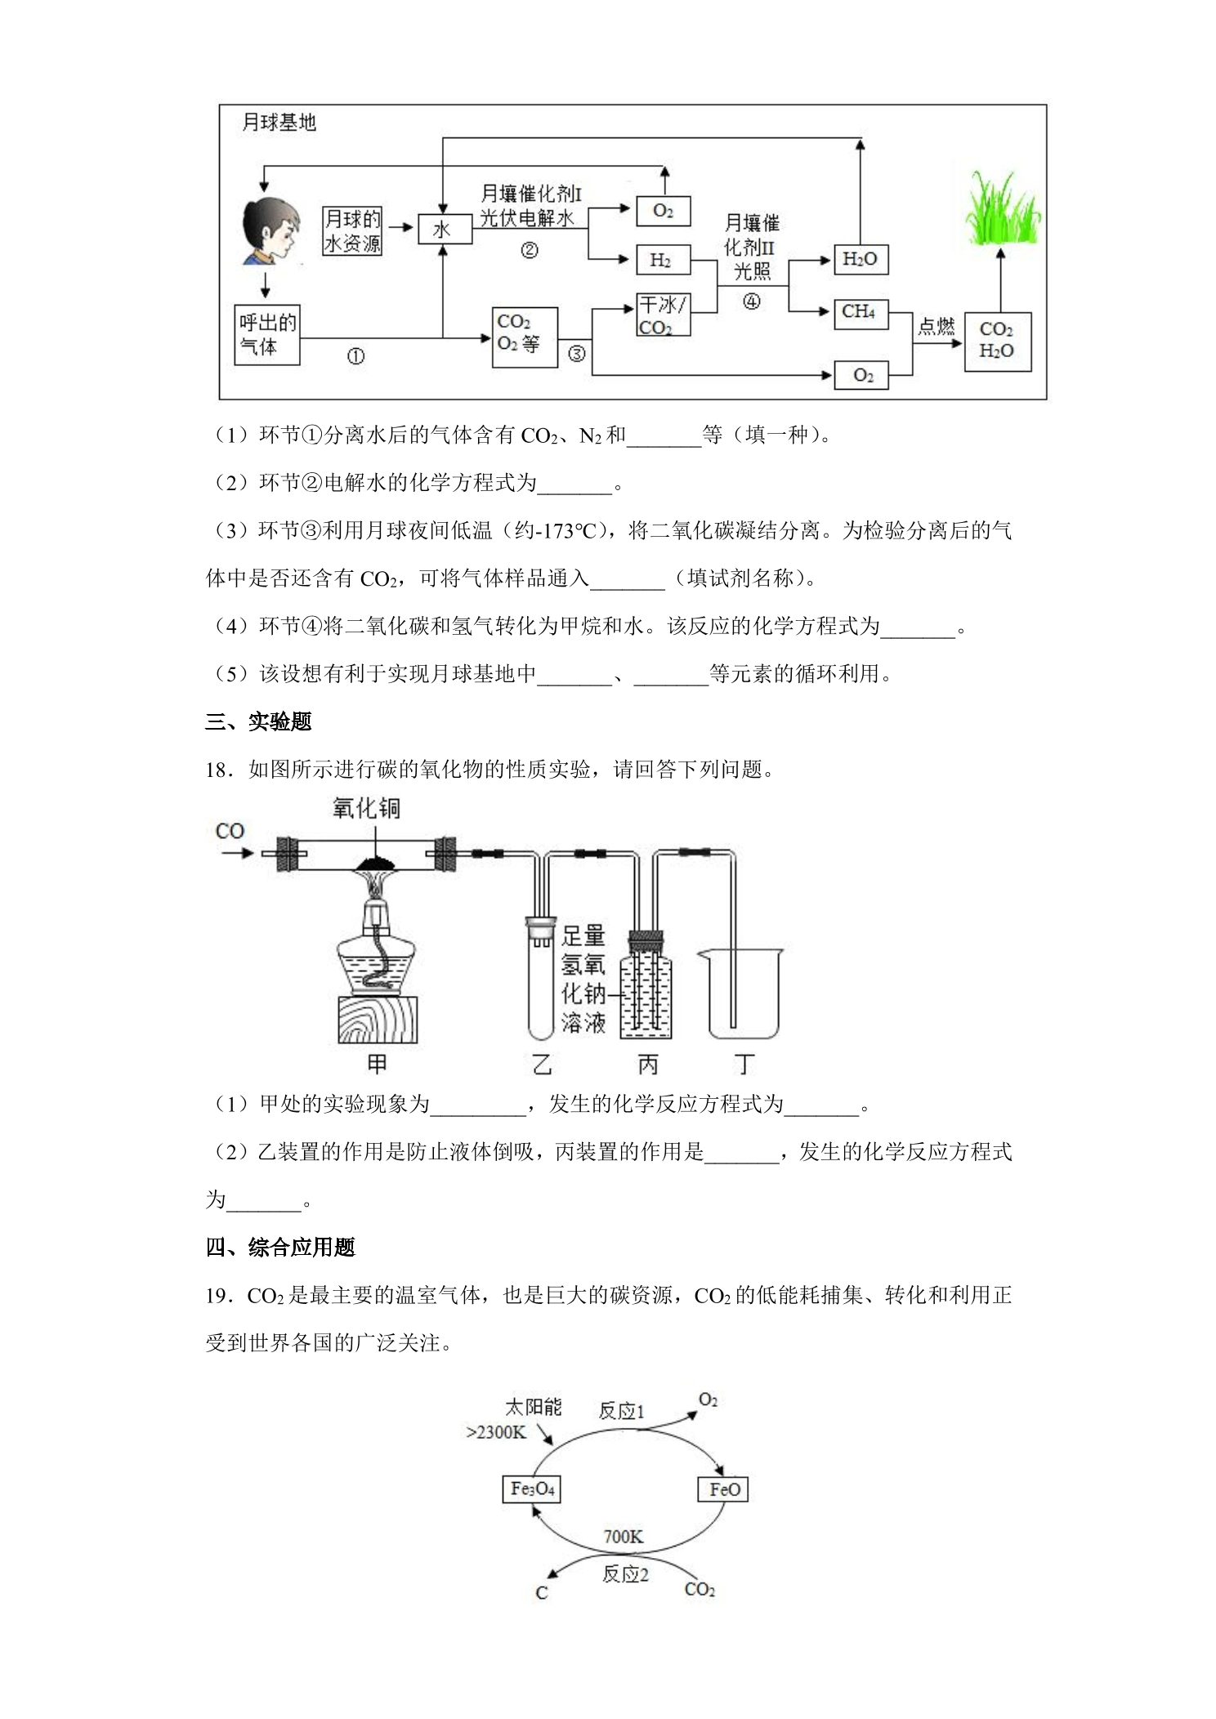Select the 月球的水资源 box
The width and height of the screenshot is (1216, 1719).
tap(353, 230)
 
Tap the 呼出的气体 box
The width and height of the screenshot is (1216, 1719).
tap(267, 335)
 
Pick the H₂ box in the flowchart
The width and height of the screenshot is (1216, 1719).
tap(664, 261)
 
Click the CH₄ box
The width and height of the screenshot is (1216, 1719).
tap(861, 313)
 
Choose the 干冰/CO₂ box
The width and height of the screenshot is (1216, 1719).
tap(664, 315)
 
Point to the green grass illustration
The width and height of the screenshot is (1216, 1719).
tap(1002, 208)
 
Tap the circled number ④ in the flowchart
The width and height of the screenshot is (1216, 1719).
tap(752, 302)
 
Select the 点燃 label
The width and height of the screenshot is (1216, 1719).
tap(935, 327)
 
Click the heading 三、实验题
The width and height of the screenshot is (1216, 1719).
tap(258, 722)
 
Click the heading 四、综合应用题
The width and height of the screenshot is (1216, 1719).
tap(280, 1248)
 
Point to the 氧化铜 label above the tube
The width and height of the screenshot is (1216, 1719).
tap(366, 809)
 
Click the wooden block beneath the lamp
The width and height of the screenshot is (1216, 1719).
tap(377, 1020)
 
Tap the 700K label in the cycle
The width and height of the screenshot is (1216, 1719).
tap(623, 1537)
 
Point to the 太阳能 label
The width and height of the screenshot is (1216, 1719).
tap(533, 1406)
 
